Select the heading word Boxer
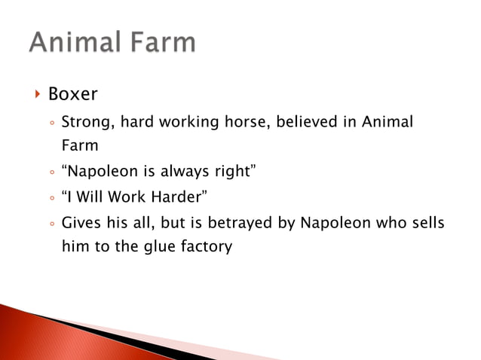pyautogui.click(x=73, y=94)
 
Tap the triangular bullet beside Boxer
pyautogui.click(x=37, y=94)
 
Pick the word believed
pyautogui.click(x=306, y=122)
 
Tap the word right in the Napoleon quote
pyautogui.click(x=230, y=172)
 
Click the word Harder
pyautogui.click(x=181, y=198)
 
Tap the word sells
pyautogui.click(x=427, y=224)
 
